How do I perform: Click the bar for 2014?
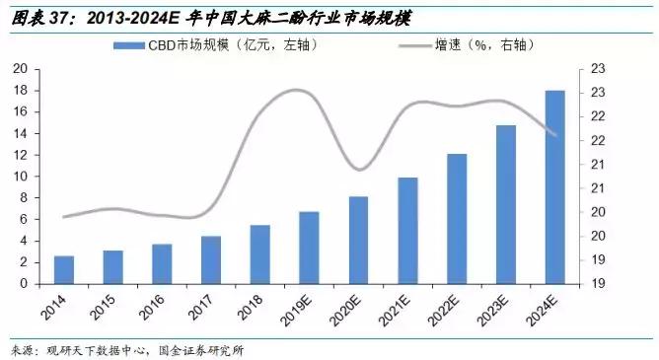point(64,269)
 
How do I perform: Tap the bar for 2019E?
point(309,248)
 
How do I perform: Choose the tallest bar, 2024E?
point(555,186)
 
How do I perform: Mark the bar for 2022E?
point(457,218)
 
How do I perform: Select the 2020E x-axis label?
point(353,310)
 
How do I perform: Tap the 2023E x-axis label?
point(500,310)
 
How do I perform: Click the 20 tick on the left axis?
point(20,69)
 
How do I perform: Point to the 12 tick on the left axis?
point(20,155)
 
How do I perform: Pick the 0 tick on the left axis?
point(23,284)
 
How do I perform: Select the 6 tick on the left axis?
point(23,219)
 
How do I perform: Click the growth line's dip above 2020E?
point(361,169)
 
